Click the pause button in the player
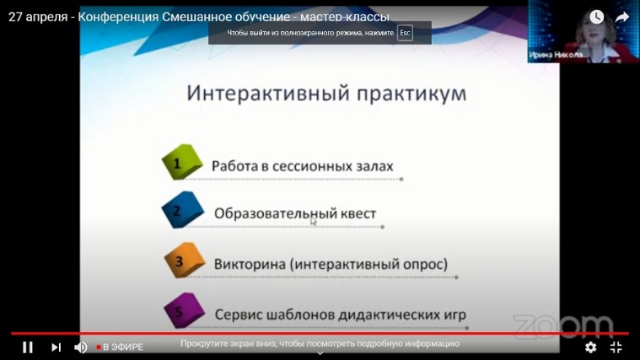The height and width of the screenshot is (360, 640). (27, 347)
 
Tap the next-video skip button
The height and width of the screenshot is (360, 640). (56, 347)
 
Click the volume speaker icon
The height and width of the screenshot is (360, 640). (81, 347)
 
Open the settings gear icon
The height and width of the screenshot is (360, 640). (590, 347)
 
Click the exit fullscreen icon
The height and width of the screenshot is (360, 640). (616, 347)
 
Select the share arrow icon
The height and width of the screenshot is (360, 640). (622, 17)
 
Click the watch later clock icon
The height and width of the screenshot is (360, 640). (596, 17)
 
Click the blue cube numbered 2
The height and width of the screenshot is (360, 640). (181, 211)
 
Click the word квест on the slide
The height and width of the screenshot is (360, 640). (356, 214)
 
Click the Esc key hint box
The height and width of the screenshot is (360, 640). (405, 33)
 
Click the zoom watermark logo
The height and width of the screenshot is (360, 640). (562, 326)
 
